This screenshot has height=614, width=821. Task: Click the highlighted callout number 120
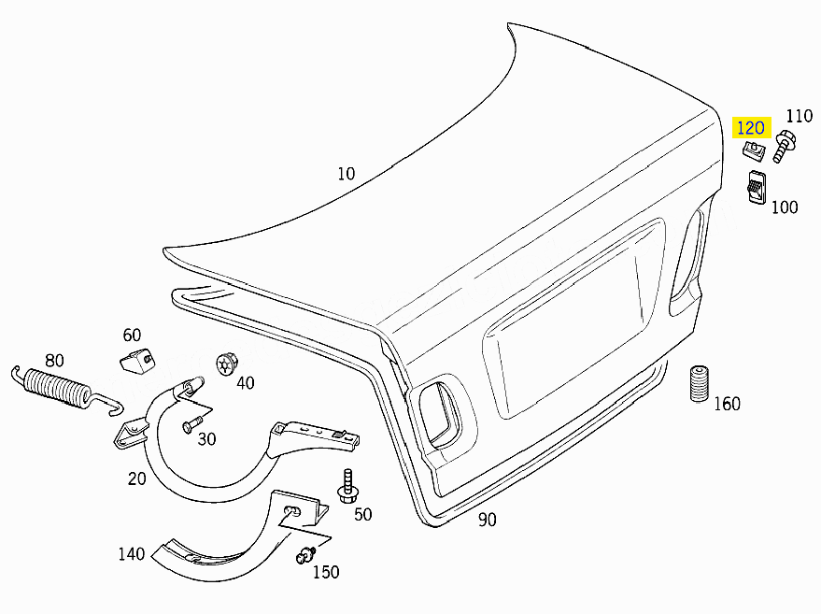(751, 128)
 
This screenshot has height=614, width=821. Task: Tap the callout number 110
(800, 116)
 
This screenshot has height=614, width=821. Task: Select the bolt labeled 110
(784, 146)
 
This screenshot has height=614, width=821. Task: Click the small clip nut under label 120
(754, 150)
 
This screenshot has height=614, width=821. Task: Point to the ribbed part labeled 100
(756, 188)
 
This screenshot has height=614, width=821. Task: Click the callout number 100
(785, 207)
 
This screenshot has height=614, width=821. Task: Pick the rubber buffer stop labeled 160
(699, 384)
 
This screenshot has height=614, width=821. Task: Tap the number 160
(728, 404)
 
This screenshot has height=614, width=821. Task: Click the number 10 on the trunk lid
(347, 174)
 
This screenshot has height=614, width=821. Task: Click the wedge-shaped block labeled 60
(138, 360)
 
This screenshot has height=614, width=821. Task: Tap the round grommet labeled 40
(227, 364)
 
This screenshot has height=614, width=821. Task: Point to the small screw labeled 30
(192, 423)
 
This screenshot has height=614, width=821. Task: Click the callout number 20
(136, 478)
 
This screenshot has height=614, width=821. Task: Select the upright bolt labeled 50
(347, 487)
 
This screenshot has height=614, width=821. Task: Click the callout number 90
(487, 520)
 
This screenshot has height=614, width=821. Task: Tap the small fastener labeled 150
(306, 555)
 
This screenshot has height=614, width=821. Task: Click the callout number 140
(132, 554)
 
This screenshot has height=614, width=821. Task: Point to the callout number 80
(54, 361)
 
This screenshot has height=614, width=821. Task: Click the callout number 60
(132, 335)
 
